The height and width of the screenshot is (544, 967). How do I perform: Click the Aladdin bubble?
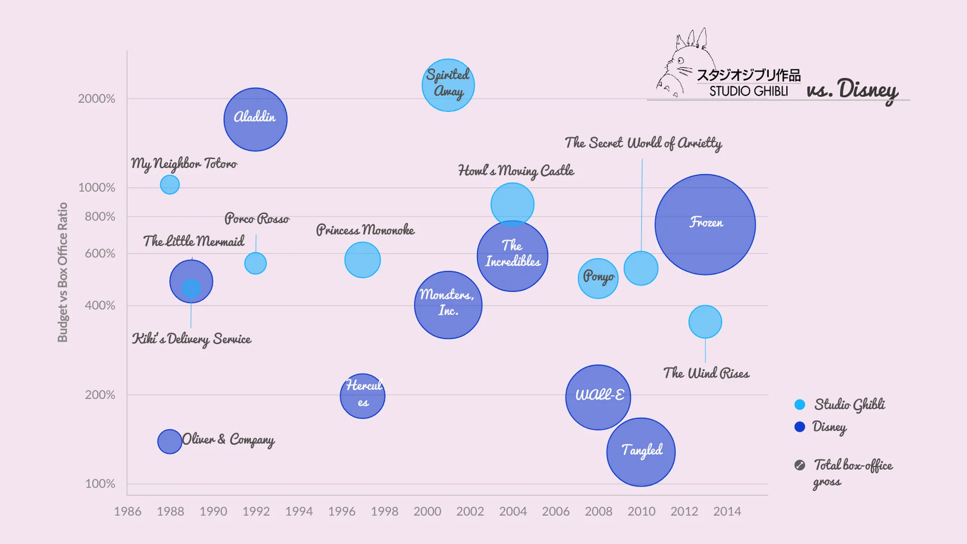coord(255,119)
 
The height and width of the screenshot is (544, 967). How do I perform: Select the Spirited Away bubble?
coord(448,85)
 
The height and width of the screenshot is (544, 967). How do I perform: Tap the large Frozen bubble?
coord(705,224)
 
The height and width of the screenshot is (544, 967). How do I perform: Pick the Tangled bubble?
coord(641,452)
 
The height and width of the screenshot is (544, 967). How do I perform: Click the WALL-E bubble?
coord(598,397)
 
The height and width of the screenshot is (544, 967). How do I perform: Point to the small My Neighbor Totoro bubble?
coord(170,185)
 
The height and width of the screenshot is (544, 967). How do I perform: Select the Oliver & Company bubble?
coord(170,441)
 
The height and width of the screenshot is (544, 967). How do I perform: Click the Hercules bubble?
coord(362,396)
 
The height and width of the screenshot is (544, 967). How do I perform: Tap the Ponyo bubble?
coord(598,278)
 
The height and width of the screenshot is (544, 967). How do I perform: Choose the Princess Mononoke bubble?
coord(362,260)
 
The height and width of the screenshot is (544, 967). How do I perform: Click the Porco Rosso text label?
coord(257,219)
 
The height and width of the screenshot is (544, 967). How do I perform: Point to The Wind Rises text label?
coord(706,373)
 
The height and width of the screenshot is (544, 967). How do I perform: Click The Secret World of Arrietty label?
coord(643,143)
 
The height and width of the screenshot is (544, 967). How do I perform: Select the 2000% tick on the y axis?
coord(97,98)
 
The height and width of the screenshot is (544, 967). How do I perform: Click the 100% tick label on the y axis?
coord(100,484)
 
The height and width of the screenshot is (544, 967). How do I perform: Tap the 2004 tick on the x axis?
coord(513,511)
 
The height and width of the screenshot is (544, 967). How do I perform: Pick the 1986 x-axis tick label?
coord(127,511)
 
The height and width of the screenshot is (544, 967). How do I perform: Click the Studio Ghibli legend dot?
coord(800,404)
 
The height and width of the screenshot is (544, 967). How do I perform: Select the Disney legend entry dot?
coord(800,427)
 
